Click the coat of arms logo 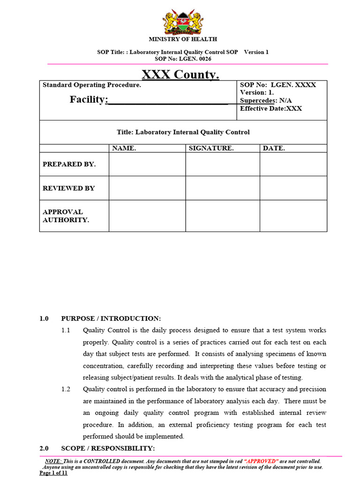coord(183,22)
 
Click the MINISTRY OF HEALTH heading coord(183,39)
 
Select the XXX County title coord(180,75)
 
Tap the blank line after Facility coord(167,100)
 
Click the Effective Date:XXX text coord(271,108)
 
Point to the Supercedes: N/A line coord(266,100)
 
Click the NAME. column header coord(124,148)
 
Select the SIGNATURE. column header coord(211,148)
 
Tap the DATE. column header coord(274,148)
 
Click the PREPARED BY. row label coord(69,164)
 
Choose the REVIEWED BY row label coord(68,188)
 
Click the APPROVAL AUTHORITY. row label coord(66,216)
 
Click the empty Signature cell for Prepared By coord(223,164)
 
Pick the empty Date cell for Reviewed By coord(293,188)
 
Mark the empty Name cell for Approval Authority coord(147,216)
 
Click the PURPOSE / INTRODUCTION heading coord(111,319)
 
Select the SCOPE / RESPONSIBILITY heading coord(108,448)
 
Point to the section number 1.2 coord(66,389)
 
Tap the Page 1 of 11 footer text coord(53,473)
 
